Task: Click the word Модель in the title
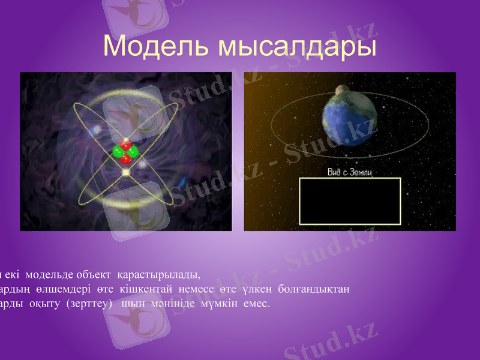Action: click(x=157, y=46)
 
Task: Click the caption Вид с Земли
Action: click(x=349, y=173)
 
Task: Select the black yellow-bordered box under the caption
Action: click(x=349, y=201)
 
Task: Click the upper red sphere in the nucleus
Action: click(x=126, y=145)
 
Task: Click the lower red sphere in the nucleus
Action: click(x=126, y=160)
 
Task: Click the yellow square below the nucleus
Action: click(x=126, y=173)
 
